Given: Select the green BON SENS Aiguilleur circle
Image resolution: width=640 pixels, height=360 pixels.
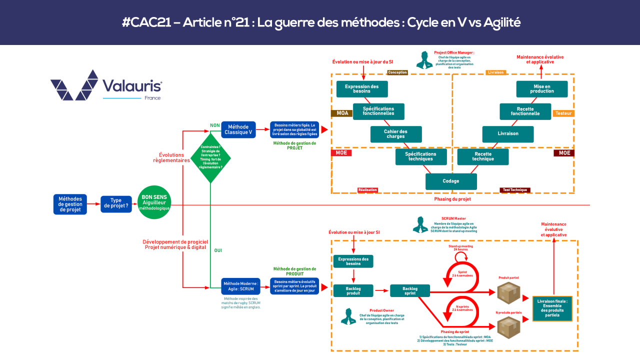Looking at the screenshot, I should (154, 204).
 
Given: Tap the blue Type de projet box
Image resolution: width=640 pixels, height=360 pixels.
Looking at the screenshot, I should (116, 204).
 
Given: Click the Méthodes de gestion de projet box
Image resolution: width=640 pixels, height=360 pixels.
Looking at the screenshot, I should (70, 204).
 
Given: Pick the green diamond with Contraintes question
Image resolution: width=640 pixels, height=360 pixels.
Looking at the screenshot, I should (210, 158).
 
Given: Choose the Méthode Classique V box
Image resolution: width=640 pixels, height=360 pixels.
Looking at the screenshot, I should (238, 129).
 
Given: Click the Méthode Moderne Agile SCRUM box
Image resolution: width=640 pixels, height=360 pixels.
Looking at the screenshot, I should (240, 286).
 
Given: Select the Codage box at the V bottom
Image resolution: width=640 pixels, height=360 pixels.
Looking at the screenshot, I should (451, 181).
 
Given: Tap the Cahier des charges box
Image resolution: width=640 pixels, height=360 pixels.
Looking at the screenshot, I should (396, 134).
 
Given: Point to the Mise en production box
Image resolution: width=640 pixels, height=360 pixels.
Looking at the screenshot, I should (542, 88).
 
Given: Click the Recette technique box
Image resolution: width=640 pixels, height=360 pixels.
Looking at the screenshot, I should (483, 156).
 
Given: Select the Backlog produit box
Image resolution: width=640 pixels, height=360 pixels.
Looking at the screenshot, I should (353, 290).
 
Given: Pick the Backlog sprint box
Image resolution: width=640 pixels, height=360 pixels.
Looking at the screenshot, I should (410, 290).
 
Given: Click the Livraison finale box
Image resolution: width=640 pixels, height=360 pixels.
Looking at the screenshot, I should (552, 308).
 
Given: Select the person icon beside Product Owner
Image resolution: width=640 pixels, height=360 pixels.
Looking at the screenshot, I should (348, 316).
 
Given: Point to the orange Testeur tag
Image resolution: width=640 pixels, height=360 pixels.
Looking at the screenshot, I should (563, 113).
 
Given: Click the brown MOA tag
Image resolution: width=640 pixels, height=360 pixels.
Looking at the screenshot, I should (342, 113).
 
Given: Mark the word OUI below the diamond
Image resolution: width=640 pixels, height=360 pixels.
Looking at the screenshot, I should (218, 250).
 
